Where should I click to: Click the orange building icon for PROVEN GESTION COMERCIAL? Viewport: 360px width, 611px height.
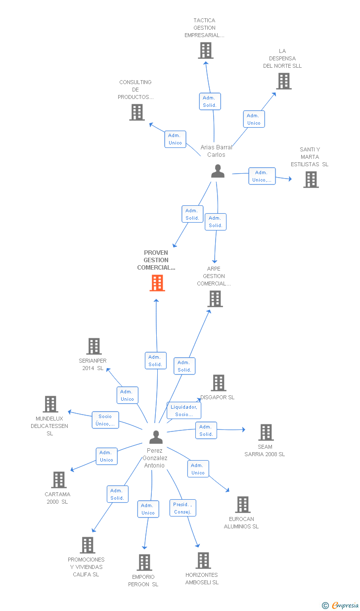coord(157,283)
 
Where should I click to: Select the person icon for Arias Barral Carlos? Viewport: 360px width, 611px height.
coord(218,171)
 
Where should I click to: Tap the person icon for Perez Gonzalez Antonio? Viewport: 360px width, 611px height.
coord(156,437)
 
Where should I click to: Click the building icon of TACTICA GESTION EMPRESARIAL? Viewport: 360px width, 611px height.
coord(206,50)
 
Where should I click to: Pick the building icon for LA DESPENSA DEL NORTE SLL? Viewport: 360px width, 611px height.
coord(284,81)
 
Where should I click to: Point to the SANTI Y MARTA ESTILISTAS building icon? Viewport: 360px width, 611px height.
coord(311,180)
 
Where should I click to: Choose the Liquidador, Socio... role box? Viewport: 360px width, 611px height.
coord(184,411)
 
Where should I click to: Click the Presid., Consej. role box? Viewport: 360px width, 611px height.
coord(183,508)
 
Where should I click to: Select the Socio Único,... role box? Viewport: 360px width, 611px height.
coord(105,420)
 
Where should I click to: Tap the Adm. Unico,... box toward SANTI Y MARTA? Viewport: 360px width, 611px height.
coord(262,176)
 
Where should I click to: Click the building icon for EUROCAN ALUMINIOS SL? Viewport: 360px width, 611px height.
coord(243,505)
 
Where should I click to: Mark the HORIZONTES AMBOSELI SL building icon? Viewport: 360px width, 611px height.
coord(203,561)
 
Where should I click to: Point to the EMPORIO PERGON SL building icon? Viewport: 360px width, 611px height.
coord(144,563)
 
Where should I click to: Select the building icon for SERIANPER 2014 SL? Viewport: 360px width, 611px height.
coord(94,346)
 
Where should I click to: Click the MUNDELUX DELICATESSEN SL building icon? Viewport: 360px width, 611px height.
coord(50,404)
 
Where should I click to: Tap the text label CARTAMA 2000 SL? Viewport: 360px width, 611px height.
coord(57,498)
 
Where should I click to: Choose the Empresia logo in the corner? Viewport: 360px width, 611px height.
coord(341,605)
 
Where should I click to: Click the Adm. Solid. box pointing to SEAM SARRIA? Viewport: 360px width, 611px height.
coord(206,430)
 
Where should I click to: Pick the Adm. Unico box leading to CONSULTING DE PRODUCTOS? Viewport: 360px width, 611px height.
coord(175,139)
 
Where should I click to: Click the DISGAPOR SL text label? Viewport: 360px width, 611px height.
coord(218,397)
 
